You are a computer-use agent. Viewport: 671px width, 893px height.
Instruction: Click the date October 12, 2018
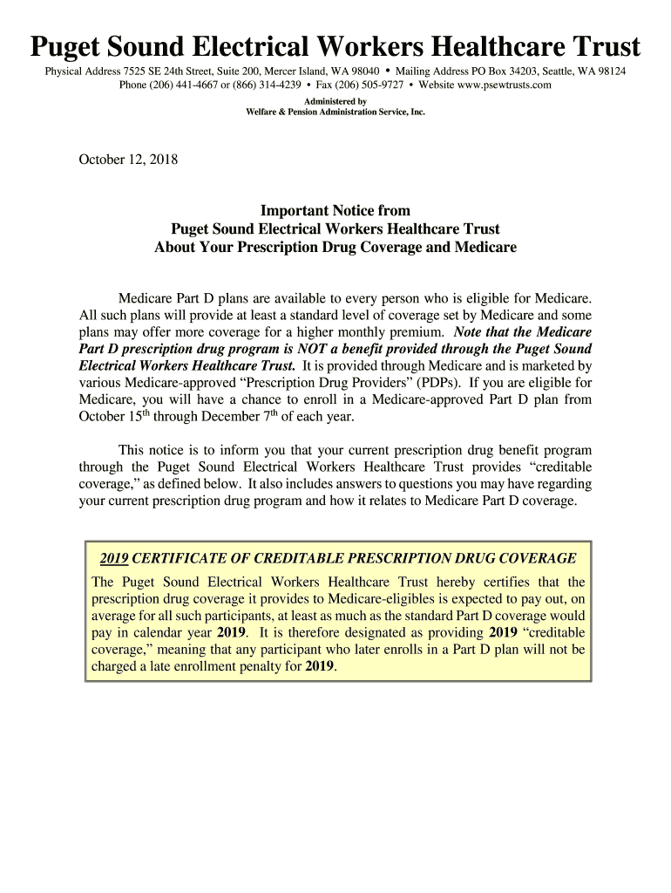point(128,160)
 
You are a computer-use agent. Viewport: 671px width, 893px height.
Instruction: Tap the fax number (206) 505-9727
point(377,85)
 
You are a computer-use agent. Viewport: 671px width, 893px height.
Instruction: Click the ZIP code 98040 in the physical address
point(362,71)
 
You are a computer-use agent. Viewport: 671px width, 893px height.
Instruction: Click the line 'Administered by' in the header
point(335,101)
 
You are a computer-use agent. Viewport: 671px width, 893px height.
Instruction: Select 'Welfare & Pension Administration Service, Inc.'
point(335,112)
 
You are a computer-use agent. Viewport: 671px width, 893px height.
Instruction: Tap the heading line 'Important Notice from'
point(335,210)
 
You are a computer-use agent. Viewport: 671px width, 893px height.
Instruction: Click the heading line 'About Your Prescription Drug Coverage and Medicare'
point(335,247)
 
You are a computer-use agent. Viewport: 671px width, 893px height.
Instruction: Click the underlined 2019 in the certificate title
point(114,558)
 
